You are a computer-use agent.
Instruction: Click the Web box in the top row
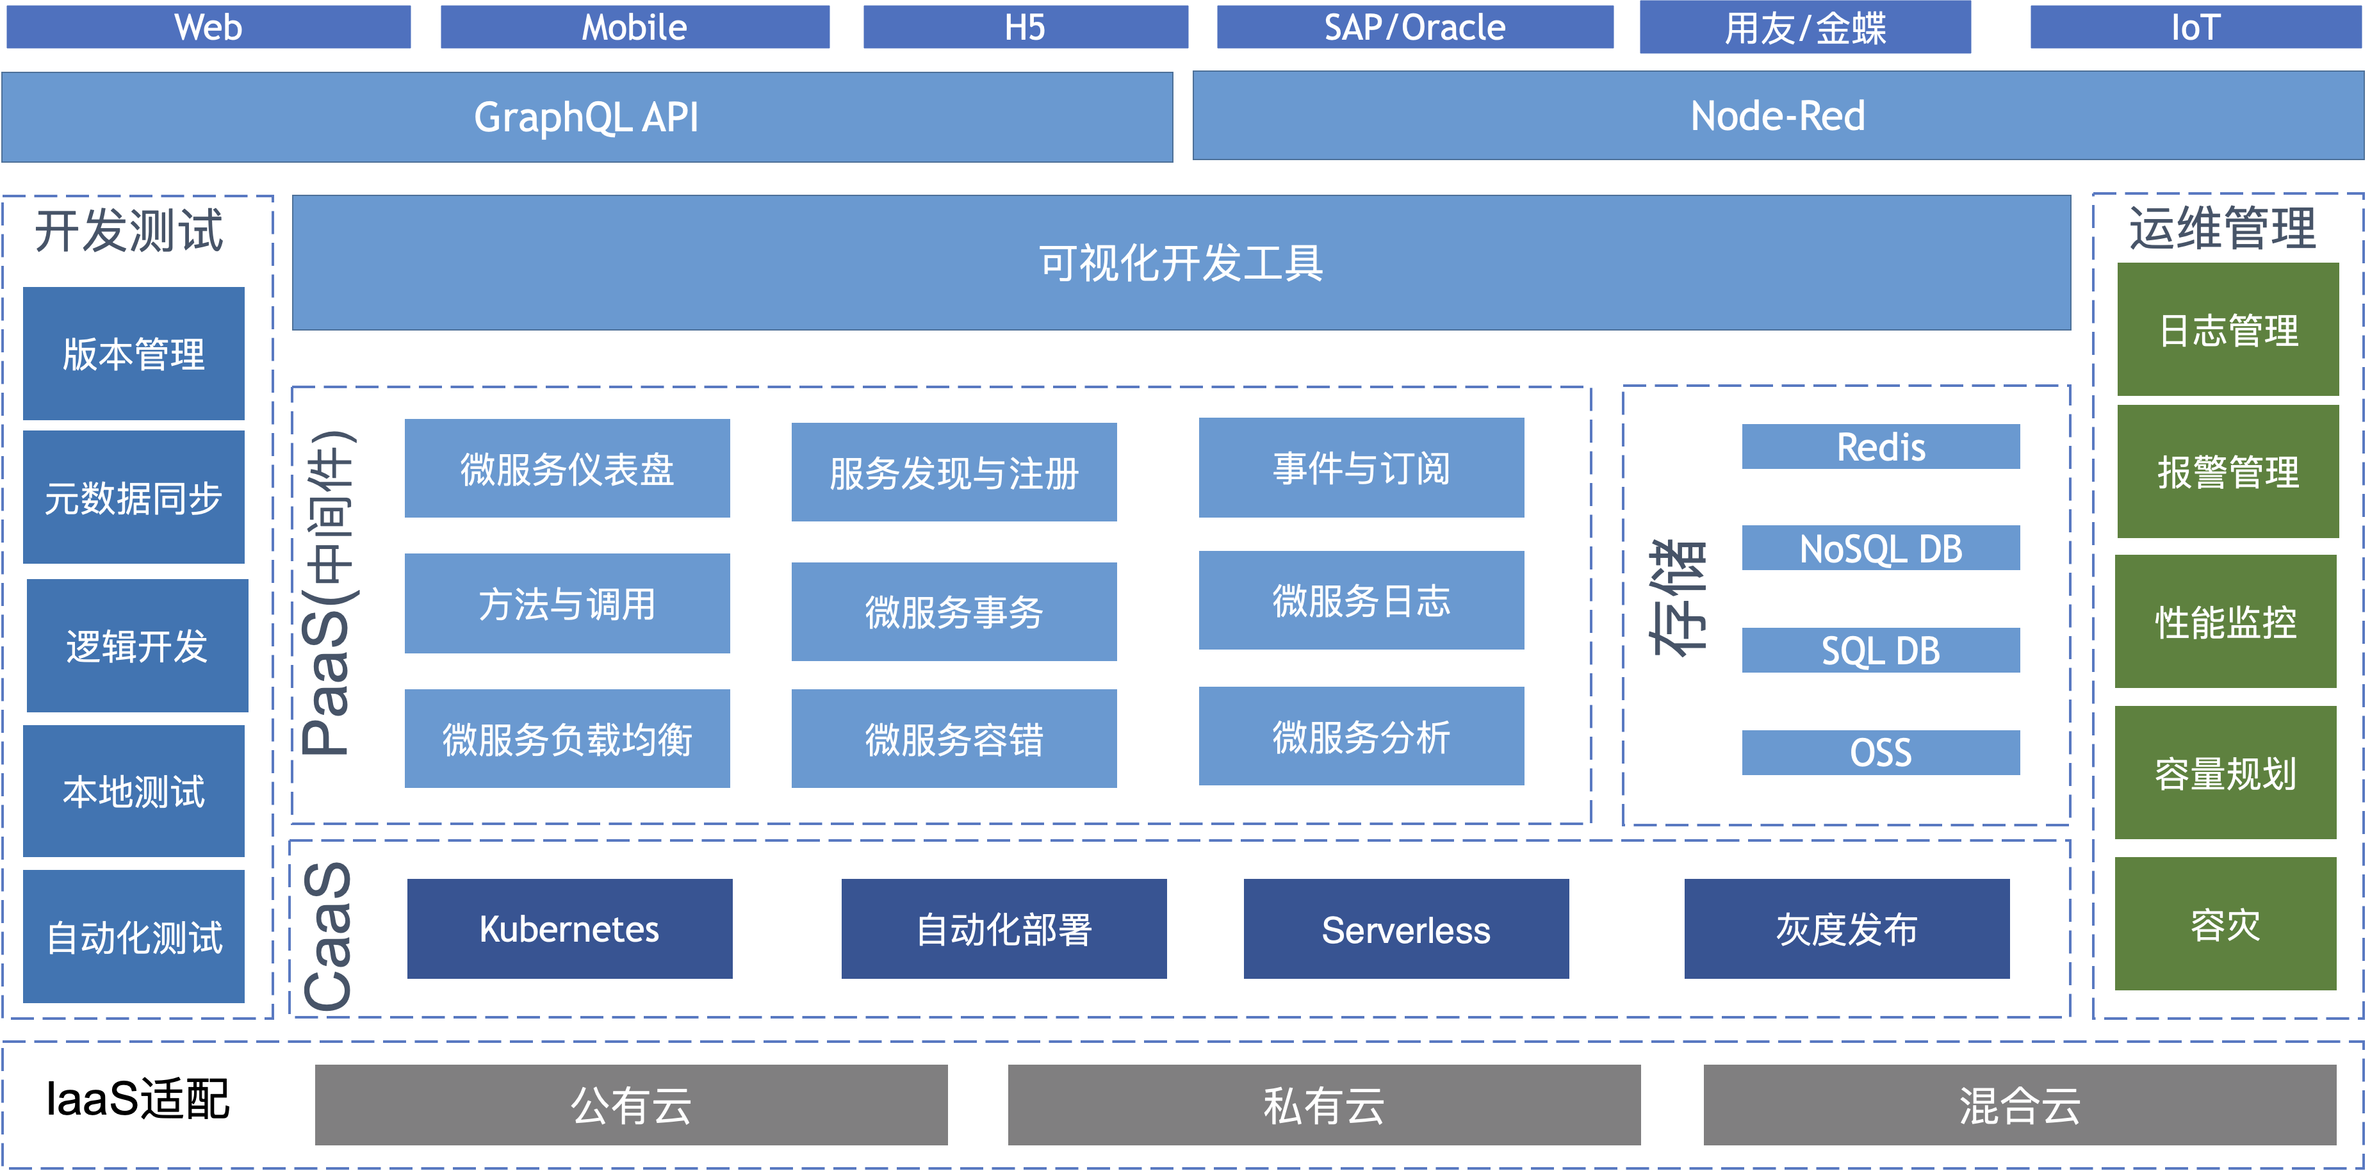[x=209, y=27]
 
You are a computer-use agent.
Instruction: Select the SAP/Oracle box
[x=1415, y=27]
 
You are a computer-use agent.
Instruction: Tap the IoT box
[x=2195, y=27]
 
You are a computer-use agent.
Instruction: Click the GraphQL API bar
[x=587, y=117]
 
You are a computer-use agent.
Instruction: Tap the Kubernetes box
[x=570, y=929]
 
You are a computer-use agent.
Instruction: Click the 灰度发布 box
[x=1847, y=929]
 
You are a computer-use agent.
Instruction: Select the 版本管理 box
[x=134, y=354]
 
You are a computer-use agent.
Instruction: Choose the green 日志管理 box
[x=2228, y=330]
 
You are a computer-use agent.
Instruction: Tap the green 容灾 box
[x=2226, y=924]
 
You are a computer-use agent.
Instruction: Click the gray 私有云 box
[x=1324, y=1106]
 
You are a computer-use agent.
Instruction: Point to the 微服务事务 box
[x=954, y=611]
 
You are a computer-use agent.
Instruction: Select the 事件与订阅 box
[x=1361, y=467]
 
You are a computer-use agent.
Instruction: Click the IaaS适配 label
[x=138, y=1100]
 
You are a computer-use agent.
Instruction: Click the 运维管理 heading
[x=2223, y=228]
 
